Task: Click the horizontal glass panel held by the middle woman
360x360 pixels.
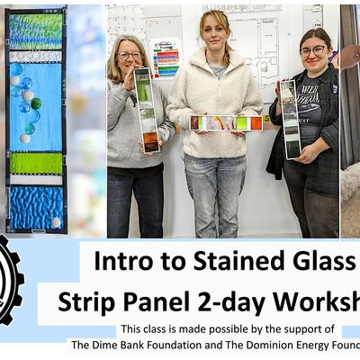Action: [x=226, y=122]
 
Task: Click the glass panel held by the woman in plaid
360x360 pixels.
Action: [x=289, y=118]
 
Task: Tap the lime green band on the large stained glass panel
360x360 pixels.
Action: [x=36, y=163]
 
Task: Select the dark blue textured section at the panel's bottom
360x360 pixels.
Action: [x=36, y=208]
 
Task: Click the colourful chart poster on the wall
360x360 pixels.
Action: [x=166, y=59]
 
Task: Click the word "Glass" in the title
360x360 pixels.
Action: [x=319, y=263]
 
